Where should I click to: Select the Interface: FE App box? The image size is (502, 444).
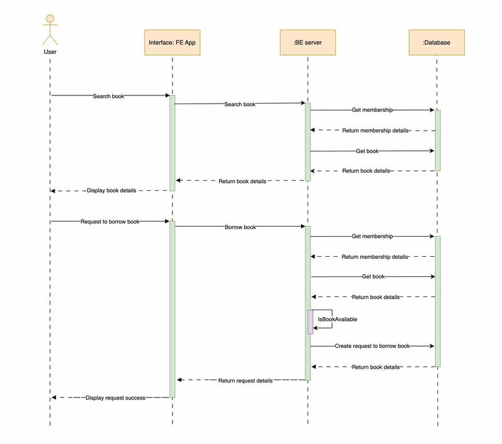pyautogui.click(x=172, y=42)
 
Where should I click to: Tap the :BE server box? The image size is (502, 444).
pyautogui.click(x=307, y=42)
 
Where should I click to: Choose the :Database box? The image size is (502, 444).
pyautogui.click(x=437, y=42)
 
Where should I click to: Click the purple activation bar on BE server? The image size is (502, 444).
pyautogui.click(x=310, y=322)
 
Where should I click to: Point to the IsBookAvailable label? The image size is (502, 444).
pyautogui.click(x=338, y=319)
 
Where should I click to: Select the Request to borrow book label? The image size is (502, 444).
pyautogui.click(x=110, y=221)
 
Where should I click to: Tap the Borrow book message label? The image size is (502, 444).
pyautogui.click(x=240, y=226)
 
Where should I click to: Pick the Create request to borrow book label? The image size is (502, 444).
pyautogui.click(x=372, y=346)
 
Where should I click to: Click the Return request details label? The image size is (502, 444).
pyautogui.click(x=245, y=381)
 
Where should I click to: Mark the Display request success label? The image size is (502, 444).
pyautogui.click(x=115, y=398)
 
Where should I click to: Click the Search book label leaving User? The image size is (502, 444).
pyautogui.click(x=109, y=96)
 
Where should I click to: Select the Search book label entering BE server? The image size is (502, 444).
pyautogui.click(x=240, y=104)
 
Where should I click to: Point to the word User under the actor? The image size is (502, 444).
pyautogui.click(x=50, y=51)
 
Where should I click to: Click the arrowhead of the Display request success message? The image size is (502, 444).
pyautogui.click(x=54, y=398)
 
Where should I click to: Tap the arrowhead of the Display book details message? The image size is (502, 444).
pyautogui.click(x=54, y=190)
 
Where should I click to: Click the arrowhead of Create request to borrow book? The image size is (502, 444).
pyautogui.click(x=431, y=346)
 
